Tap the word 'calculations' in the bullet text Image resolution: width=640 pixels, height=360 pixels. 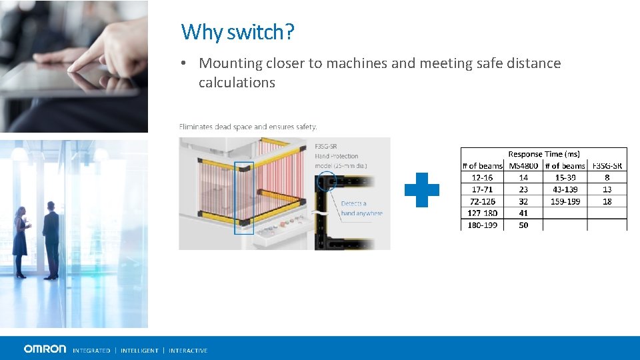coord(237,83)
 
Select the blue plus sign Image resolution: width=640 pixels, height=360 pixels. coord(422,190)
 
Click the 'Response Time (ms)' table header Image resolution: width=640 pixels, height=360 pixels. coord(544,154)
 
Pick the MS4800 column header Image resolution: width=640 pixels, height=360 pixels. coord(523,166)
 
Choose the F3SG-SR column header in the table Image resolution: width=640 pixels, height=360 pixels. coord(607,166)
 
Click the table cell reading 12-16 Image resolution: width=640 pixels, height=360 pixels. coord(482,177)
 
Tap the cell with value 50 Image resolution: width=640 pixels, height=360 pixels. coord(523,225)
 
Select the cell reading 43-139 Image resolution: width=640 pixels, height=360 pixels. coord(565,189)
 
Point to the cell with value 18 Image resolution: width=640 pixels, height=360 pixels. coord(607,201)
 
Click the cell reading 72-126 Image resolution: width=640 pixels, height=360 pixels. coord(482,201)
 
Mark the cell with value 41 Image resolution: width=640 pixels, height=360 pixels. coord(523,213)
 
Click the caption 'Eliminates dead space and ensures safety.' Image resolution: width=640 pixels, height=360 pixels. coord(248,127)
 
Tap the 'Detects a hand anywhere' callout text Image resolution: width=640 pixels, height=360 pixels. coord(361,208)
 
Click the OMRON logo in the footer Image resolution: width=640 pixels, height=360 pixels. coord(45,349)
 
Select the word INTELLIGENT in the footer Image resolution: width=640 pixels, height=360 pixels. coord(139,351)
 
